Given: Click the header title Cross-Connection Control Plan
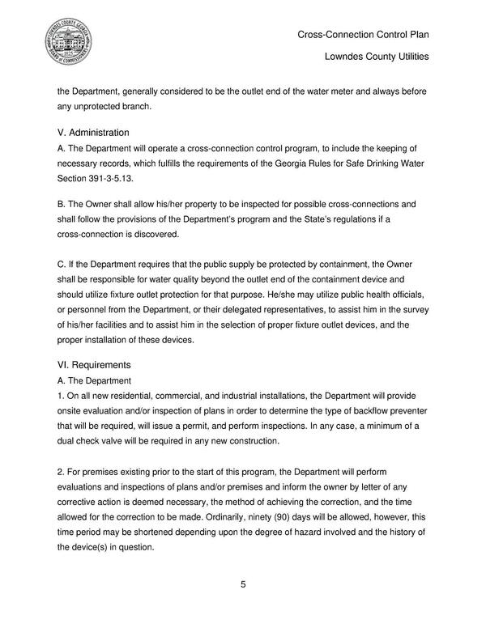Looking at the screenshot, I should (363, 35).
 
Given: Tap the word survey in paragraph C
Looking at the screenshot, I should (418, 308).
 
